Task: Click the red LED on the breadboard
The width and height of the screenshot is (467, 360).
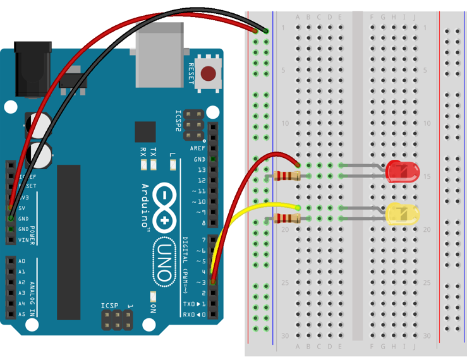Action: (403, 172)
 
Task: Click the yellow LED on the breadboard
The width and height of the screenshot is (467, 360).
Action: (403, 214)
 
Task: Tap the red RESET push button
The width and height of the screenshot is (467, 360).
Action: (207, 74)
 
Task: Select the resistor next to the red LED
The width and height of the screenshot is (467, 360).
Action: (288, 176)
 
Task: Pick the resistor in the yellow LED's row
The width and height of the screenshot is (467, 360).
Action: (288, 219)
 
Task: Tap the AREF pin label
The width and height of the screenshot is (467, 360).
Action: (198, 148)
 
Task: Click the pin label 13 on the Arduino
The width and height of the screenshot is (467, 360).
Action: (201, 170)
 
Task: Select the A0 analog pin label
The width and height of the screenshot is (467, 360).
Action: (21, 261)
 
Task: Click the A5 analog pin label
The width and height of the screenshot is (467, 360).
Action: (21, 314)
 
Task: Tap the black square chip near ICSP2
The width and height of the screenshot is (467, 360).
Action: (145, 132)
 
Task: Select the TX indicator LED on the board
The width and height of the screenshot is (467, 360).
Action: (154, 165)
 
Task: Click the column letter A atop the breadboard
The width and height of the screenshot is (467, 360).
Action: (298, 17)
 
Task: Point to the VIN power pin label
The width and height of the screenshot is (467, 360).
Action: (23, 240)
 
